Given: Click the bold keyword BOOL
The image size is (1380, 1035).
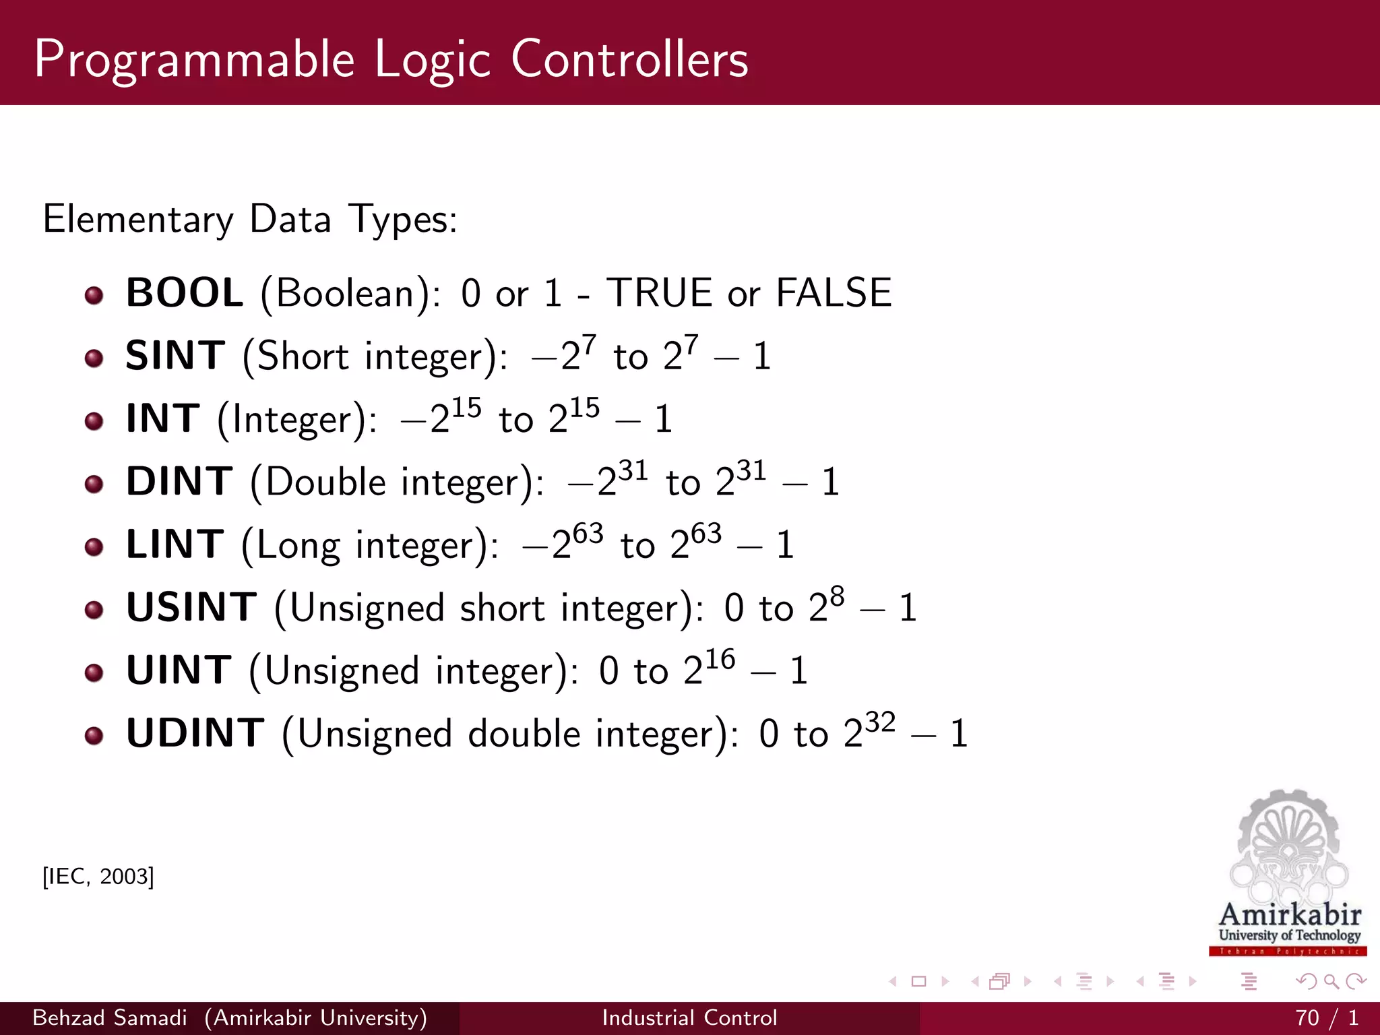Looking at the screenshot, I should coord(185,293).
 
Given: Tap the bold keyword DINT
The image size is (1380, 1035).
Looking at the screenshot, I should coord(179,482).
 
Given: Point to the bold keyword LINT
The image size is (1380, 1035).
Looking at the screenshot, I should coord(175,544).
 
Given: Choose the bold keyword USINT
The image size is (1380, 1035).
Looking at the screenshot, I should coord(191,607).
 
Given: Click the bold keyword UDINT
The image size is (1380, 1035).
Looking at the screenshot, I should coord(195,733).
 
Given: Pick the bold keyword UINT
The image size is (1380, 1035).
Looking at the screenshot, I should coord(179,670).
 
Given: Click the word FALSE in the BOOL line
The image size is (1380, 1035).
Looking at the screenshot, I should coord(834,293).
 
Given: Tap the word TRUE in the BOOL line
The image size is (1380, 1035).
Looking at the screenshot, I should coord(659,293).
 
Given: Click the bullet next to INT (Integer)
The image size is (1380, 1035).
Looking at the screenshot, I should coord(94,422).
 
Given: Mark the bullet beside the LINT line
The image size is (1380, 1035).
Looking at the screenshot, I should coord(94,547).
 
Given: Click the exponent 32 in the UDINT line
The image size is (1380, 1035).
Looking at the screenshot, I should coord(880,722).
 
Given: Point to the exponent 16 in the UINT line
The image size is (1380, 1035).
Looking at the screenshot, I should coord(720,659).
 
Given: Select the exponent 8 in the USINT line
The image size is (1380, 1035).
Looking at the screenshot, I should coord(837,596).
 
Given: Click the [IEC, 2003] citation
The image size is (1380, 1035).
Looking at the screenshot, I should coord(98,877).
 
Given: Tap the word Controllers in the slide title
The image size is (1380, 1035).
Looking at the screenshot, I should coord(629,59).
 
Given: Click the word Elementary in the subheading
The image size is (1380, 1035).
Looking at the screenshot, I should coord(138,220).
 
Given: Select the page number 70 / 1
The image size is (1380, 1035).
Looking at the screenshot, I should coord(1326,1017).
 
